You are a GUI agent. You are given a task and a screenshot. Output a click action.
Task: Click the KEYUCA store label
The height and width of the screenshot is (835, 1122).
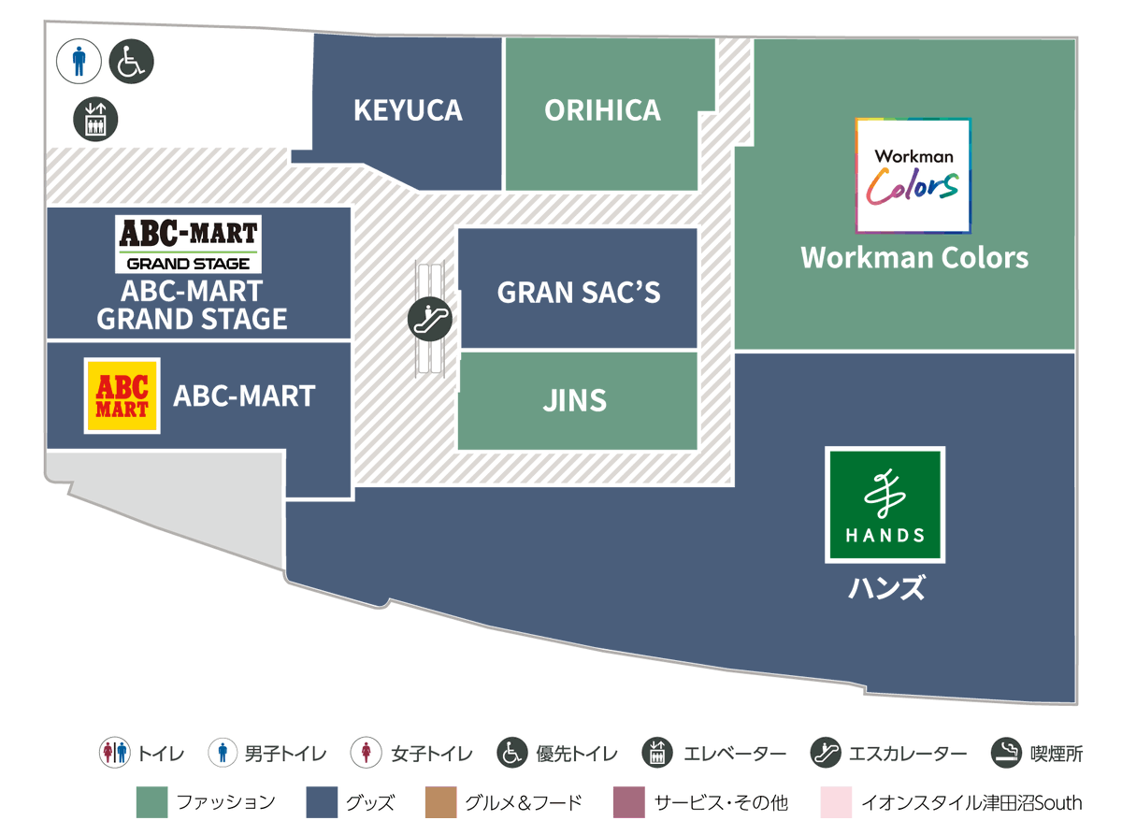click(x=408, y=109)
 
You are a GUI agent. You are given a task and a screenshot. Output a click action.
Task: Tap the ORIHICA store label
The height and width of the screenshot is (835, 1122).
click(x=602, y=109)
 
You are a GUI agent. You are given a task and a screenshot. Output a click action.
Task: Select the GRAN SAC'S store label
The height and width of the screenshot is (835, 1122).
click(x=578, y=292)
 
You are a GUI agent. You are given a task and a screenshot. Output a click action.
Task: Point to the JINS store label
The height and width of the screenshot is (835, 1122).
click(x=574, y=400)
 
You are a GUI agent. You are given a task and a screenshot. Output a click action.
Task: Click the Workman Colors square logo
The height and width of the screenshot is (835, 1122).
click(x=913, y=176)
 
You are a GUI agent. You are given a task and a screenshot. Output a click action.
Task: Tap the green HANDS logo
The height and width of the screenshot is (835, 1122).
click(x=885, y=505)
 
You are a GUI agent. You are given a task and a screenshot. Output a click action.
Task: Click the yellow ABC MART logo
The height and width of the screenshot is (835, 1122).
click(x=122, y=396)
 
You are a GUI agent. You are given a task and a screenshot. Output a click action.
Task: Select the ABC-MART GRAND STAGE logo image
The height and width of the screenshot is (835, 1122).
click(x=188, y=244)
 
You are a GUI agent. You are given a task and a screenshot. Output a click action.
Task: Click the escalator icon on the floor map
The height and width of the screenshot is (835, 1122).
click(x=429, y=319)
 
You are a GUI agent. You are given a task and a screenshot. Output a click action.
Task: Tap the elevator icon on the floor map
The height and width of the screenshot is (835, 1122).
click(x=95, y=119)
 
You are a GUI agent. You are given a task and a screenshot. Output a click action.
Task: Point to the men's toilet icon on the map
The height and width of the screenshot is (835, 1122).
click(x=79, y=61)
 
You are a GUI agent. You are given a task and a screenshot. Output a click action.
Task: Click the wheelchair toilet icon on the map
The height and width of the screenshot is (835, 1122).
click(x=131, y=61)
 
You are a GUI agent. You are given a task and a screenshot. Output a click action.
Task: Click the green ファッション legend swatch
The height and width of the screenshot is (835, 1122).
click(x=151, y=802)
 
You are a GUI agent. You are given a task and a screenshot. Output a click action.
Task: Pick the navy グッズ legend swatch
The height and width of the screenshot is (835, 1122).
click(x=322, y=802)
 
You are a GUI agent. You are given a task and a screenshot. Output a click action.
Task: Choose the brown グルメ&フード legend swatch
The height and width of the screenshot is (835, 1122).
click(x=440, y=802)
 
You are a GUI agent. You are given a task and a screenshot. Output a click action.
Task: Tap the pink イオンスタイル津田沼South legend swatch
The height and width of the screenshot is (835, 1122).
click(x=836, y=802)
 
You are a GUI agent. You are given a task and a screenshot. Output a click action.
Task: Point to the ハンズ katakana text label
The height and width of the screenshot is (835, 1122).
click(x=886, y=587)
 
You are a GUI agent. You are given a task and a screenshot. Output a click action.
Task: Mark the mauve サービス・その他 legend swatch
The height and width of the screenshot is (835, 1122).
click(x=628, y=802)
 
